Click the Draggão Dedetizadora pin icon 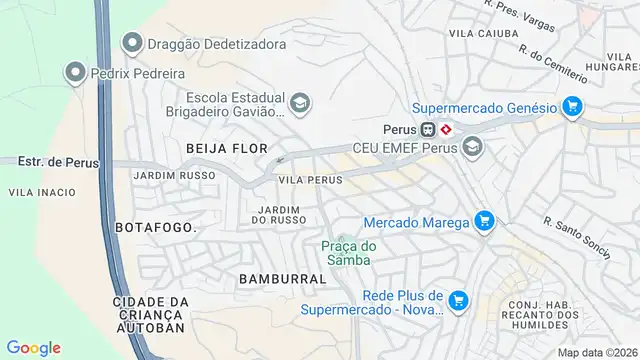coord(131,44)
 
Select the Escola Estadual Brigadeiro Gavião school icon coord(299,103)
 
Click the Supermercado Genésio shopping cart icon coord(572,106)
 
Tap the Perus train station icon coord(427,129)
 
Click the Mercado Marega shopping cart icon coord(484,221)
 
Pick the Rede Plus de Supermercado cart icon coord(459,300)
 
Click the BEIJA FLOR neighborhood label coord(227,148)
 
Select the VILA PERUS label coord(310,180)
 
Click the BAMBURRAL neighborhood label coord(282,279)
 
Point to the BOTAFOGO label coord(156,227)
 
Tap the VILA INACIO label coord(36,191)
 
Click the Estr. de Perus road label coord(46,161)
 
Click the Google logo coord(33,347)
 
